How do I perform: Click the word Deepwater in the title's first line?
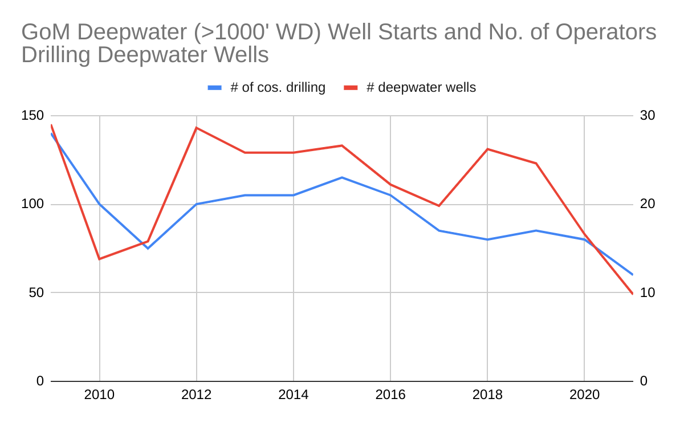tap(132, 32)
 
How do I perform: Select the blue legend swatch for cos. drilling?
tap(214, 88)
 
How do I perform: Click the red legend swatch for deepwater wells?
tap(351, 88)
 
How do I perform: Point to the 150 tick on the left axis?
tap(32, 116)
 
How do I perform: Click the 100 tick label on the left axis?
tap(32, 204)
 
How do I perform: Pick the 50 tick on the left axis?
tap(36, 292)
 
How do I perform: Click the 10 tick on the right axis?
tap(648, 292)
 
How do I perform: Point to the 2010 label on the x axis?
tap(100, 394)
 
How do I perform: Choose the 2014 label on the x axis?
tap(294, 394)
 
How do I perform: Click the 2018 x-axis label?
tap(487, 394)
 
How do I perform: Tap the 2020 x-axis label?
tap(584, 394)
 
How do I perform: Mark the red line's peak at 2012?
tap(197, 128)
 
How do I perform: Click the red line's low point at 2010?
tap(100, 259)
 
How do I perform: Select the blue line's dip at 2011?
tap(148, 249)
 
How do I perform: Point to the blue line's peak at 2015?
tap(342, 177)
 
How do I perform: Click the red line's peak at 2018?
tap(487, 149)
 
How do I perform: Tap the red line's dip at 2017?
tap(439, 206)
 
